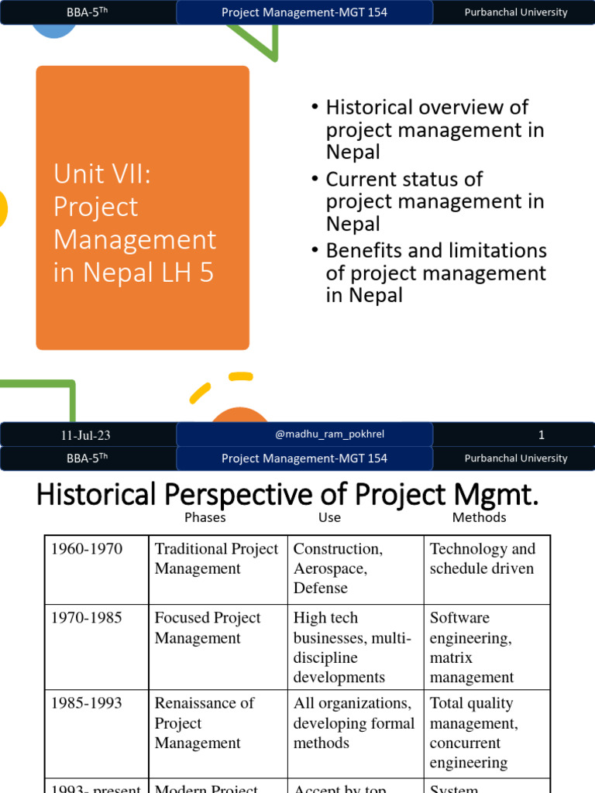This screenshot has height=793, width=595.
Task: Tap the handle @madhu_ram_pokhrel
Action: tap(329, 434)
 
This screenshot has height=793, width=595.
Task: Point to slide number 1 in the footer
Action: tap(542, 435)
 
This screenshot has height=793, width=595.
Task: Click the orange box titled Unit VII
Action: tap(143, 208)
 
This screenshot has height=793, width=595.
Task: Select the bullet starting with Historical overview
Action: tap(435, 129)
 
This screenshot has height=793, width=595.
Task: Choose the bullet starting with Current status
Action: tap(435, 201)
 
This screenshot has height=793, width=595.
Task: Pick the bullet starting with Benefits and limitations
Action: tap(436, 273)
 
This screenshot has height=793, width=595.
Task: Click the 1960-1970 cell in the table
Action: tap(87, 549)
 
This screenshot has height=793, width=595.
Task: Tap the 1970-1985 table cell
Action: tap(87, 618)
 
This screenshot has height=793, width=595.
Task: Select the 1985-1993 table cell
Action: tap(87, 703)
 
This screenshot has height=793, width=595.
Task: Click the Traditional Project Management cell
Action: tap(216, 558)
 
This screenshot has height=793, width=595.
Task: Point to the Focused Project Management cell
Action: tap(208, 628)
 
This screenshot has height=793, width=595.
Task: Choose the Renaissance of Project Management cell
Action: tap(205, 723)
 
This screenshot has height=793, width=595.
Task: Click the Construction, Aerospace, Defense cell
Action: tap(338, 568)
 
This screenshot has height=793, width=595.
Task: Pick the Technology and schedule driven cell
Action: tap(483, 558)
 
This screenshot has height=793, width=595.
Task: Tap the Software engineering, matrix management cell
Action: tap(472, 647)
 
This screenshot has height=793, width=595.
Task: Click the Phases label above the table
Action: tap(205, 517)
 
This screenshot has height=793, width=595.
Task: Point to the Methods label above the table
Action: tap(479, 517)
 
